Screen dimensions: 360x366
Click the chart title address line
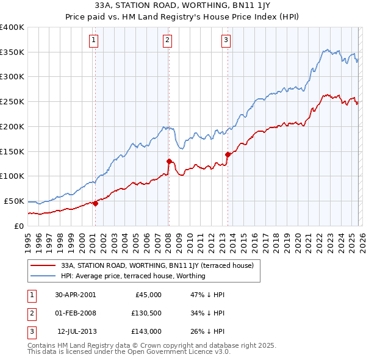pyautogui.click(x=182, y=7)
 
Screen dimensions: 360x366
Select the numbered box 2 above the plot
pyautogui.click(x=167, y=41)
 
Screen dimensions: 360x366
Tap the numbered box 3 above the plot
pyautogui.click(x=226, y=41)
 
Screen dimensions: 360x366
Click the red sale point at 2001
pyautogui.click(x=95, y=204)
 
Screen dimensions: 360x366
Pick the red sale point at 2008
pyautogui.click(x=169, y=161)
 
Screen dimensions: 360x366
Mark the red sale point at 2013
pyautogui.click(x=228, y=154)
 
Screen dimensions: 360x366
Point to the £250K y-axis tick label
pyautogui.click(x=12, y=102)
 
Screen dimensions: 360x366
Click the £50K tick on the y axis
pyautogui.click(x=14, y=201)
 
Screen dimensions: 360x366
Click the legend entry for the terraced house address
pyautogui.click(x=161, y=265)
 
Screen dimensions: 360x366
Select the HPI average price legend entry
pyautogui.click(x=133, y=276)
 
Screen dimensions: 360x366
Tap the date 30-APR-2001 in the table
pyautogui.click(x=76, y=295)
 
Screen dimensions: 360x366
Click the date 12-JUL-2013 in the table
pyautogui.click(x=76, y=331)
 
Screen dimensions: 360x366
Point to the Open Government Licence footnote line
pyautogui.click(x=129, y=352)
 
